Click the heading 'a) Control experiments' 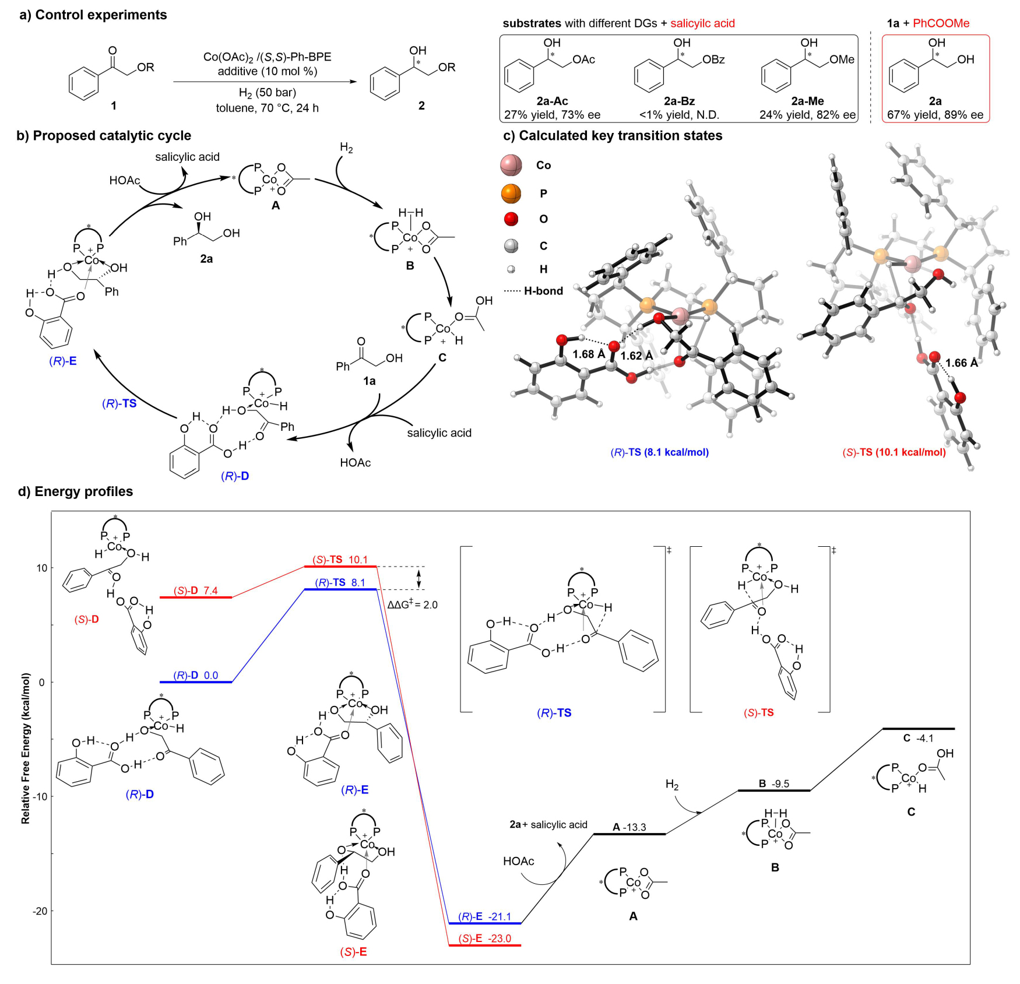coord(93,15)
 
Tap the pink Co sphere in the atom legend coord(511,166)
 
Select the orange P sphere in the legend coord(511,193)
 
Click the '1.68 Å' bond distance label coord(589,354)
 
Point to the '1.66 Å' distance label coord(961,363)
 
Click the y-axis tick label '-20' coord(40,911)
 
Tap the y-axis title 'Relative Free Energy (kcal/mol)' coord(26,748)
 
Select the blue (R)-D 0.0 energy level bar coord(196,682)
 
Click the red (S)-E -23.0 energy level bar coord(484,945)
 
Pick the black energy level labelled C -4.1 coord(919,729)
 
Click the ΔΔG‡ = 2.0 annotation coord(413,605)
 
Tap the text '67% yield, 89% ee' coord(935,115)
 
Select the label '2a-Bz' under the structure coord(679,101)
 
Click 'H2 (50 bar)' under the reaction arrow coord(268,93)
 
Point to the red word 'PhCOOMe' coord(941,23)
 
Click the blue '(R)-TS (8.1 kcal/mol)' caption coord(659,452)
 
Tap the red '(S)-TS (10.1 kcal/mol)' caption coord(894,452)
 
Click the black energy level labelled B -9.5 coord(774,790)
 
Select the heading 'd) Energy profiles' coord(76,491)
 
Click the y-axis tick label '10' coord(42,568)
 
